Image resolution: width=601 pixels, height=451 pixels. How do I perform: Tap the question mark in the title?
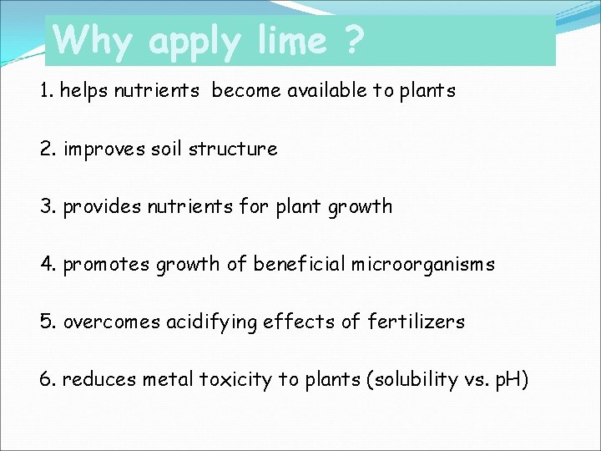point(353,39)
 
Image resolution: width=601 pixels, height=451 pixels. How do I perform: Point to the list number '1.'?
point(45,91)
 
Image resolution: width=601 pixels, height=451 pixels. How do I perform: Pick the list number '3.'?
point(47,206)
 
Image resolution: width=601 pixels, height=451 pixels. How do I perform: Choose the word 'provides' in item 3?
point(101,206)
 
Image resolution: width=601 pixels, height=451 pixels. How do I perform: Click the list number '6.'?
point(47,380)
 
